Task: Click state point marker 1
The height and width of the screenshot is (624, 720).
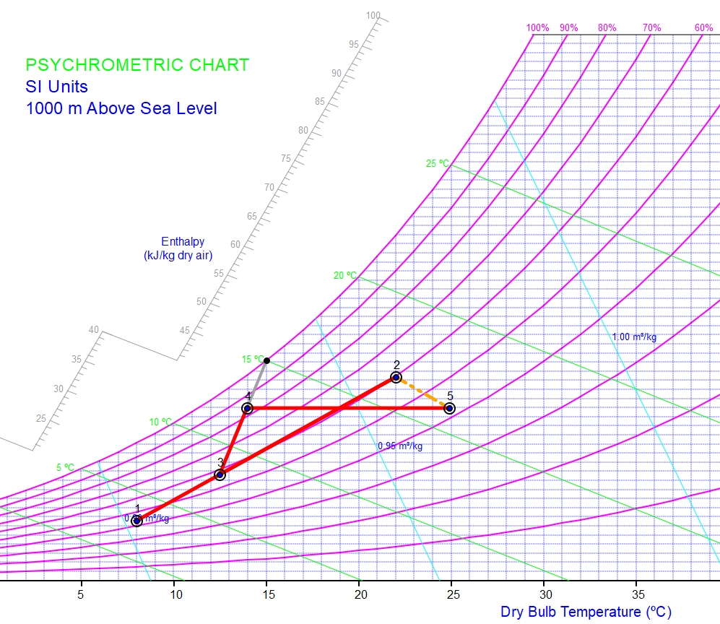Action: coord(137,521)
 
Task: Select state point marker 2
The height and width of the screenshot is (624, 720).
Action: coord(396,377)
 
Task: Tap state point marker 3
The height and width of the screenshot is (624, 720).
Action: coord(220,474)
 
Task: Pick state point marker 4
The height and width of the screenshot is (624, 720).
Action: coord(247,408)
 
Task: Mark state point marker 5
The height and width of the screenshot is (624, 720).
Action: coord(449,408)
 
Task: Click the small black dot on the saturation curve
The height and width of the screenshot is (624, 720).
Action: coord(266,360)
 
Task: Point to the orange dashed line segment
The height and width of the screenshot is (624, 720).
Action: coord(422,392)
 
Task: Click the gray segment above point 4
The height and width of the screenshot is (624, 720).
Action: coord(257,383)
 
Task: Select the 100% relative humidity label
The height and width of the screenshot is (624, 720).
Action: coord(537,28)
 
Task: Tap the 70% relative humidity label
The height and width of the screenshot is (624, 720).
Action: coord(652,28)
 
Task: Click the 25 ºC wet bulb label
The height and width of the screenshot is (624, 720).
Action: coord(437,163)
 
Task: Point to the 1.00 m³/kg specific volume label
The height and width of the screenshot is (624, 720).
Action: coord(634,337)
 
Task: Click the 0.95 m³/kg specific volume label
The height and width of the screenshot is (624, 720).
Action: coord(400,446)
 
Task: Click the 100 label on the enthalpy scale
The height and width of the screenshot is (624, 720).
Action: coord(373,15)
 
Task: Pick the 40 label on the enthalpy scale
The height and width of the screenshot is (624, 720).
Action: coord(94,330)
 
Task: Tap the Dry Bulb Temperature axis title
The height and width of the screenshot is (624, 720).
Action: coord(586,612)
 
